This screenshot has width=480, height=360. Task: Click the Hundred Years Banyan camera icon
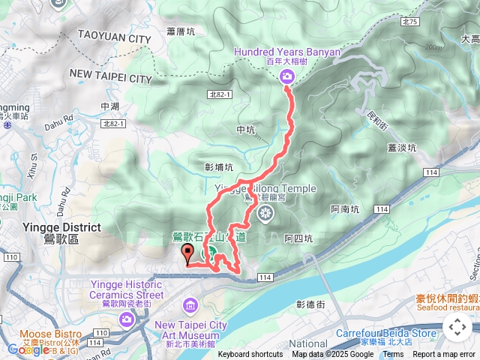(x=287, y=76)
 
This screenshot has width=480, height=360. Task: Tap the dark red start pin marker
(x=187, y=255)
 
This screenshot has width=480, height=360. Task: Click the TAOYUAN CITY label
(x=114, y=38)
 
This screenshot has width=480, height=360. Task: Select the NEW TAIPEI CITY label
(x=110, y=77)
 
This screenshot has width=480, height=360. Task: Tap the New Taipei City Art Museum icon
(x=189, y=305)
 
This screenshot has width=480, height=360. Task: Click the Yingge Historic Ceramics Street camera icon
(x=126, y=319)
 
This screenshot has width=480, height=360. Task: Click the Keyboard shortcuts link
(x=250, y=355)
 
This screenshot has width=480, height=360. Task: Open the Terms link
(x=393, y=355)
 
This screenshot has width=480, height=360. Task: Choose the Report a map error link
(x=444, y=355)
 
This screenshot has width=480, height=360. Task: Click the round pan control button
(x=457, y=327)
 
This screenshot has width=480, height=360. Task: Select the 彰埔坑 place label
(x=218, y=167)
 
